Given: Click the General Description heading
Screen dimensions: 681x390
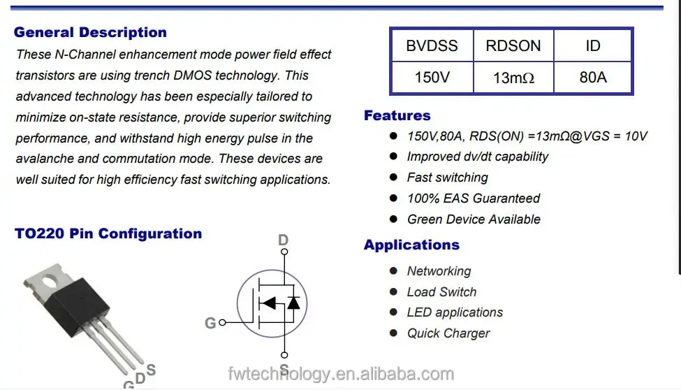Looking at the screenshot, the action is (x=90, y=32).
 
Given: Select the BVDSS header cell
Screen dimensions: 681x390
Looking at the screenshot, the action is (x=432, y=46).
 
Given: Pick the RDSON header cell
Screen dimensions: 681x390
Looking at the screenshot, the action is (x=513, y=46).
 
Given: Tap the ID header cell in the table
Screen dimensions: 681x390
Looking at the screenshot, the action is (x=592, y=46).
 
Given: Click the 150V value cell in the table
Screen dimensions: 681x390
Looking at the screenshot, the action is (x=432, y=78).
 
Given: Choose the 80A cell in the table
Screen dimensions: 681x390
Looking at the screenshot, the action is (x=592, y=78).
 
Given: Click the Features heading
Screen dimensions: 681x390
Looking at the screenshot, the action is (x=397, y=115).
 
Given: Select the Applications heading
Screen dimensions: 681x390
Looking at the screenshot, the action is (x=411, y=245).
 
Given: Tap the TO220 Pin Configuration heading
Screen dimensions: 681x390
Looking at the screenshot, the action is (x=108, y=233).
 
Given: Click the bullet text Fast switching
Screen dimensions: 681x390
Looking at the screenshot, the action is (x=447, y=178).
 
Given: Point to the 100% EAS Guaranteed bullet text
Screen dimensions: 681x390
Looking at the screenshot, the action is (x=474, y=198).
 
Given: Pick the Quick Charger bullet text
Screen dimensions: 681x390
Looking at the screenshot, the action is (x=448, y=333).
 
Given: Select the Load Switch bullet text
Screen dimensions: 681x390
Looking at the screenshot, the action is (x=441, y=292).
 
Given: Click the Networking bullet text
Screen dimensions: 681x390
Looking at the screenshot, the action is (x=439, y=271).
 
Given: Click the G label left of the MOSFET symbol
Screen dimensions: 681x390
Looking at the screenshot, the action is (x=210, y=323).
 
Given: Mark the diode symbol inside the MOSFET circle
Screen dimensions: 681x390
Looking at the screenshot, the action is (x=293, y=303).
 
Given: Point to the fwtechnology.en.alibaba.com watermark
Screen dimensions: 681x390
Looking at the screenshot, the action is (x=341, y=375).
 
